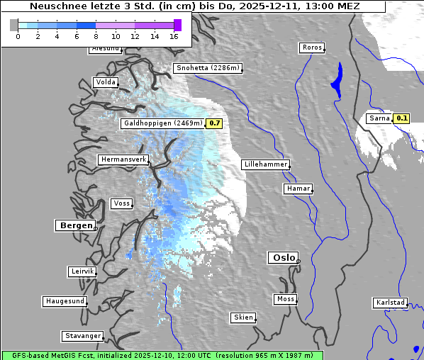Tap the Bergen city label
(x=74, y=225)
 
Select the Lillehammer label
(x=265, y=164)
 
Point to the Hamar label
(x=297, y=189)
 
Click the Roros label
(x=311, y=47)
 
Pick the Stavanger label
(x=82, y=336)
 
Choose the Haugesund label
(x=65, y=301)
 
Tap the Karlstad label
(x=390, y=303)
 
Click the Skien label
(x=242, y=317)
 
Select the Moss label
(x=285, y=299)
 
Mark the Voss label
(x=121, y=203)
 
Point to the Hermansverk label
(x=123, y=159)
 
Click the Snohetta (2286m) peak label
(x=208, y=68)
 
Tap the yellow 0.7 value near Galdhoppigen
(x=214, y=123)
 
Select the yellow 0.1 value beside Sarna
(x=402, y=118)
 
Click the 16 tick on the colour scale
(x=174, y=36)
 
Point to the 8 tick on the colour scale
(x=96, y=36)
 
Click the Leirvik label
(x=82, y=271)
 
